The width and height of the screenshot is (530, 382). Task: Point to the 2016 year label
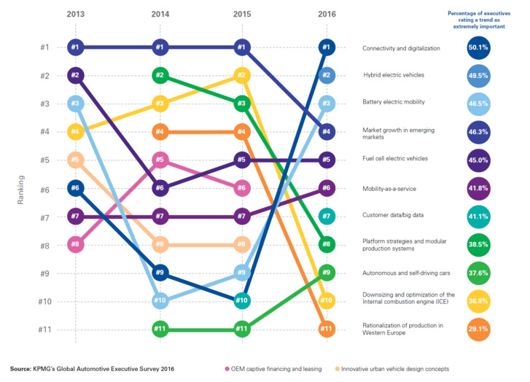(x=327, y=13)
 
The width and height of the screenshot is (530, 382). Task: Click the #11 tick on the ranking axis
(x=44, y=330)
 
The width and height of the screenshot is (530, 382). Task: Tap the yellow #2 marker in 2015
(x=243, y=76)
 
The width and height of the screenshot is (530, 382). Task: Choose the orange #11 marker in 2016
(x=327, y=330)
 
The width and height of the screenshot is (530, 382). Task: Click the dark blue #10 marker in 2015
(x=243, y=301)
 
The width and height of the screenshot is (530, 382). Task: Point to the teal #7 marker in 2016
(x=327, y=217)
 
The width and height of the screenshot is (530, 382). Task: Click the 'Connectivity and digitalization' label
(x=401, y=48)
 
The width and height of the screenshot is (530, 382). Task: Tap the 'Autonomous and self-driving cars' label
(x=405, y=273)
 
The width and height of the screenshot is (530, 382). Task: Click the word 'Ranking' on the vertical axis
(x=22, y=188)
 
